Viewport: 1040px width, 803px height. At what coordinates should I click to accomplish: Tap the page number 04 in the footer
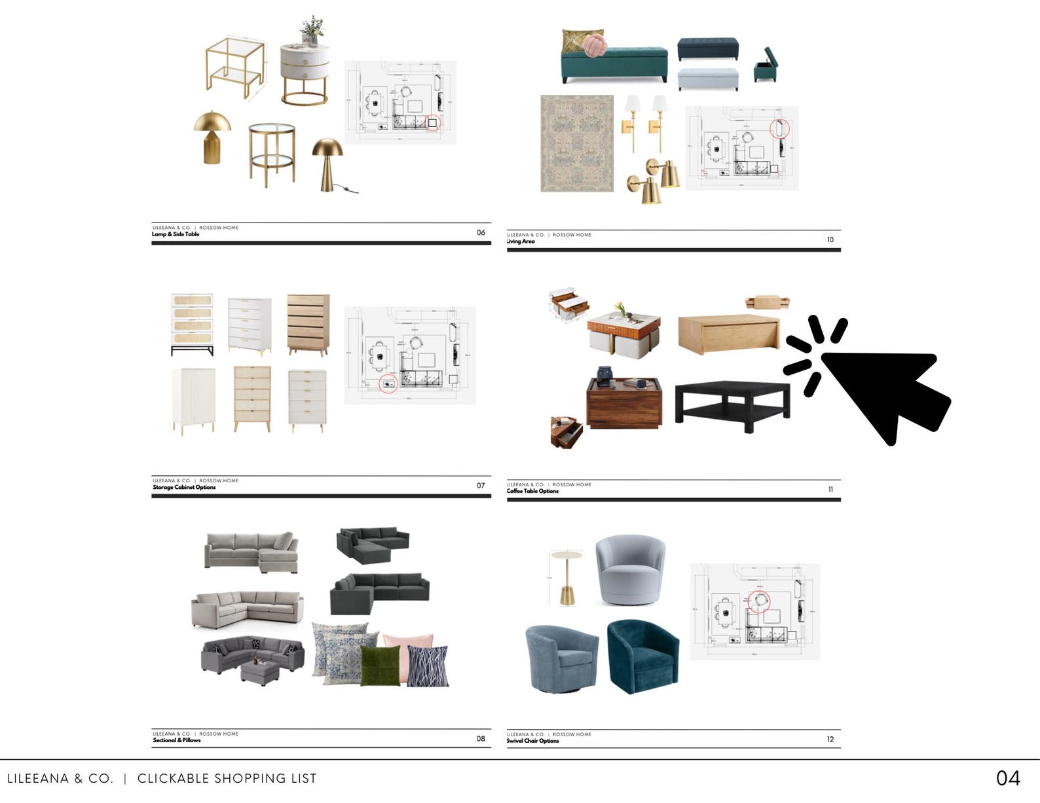[x=1008, y=777]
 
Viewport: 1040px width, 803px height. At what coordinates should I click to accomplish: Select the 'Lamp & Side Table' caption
[x=176, y=234]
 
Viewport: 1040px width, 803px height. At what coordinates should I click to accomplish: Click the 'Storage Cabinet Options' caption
[x=184, y=488]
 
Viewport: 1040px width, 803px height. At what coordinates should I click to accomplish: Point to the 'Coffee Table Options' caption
[x=532, y=491]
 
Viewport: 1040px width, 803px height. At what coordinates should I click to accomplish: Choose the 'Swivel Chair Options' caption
[x=532, y=741]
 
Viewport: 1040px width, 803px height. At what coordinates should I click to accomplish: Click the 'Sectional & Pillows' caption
[x=177, y=740]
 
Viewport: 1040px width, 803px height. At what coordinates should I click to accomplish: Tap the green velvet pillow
[x=381, y=666]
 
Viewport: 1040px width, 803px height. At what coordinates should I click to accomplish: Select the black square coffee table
[x=732, y=402]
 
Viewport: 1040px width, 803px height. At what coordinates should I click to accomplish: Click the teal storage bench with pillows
[x=614, y=63]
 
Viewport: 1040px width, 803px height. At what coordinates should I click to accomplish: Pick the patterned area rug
[x=577, y=143]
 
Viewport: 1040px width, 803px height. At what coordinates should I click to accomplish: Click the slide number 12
[x=830, y=740]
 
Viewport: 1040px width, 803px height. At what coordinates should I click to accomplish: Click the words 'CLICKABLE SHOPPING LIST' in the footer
[x=227, y=779]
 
